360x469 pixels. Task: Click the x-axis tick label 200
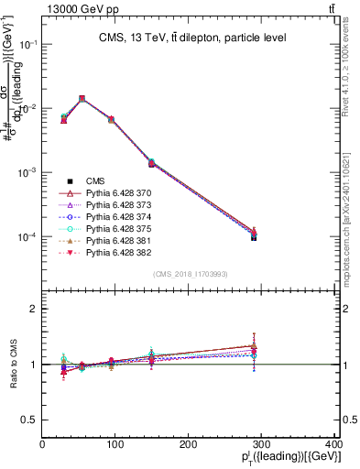click(x=190, y=444)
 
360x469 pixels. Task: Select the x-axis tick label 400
click(x=335, y=444)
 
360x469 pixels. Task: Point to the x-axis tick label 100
click(x=116, y=444)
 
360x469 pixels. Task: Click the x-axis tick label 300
click(x=263, y=444)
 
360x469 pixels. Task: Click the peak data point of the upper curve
click(x=82, y=98)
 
